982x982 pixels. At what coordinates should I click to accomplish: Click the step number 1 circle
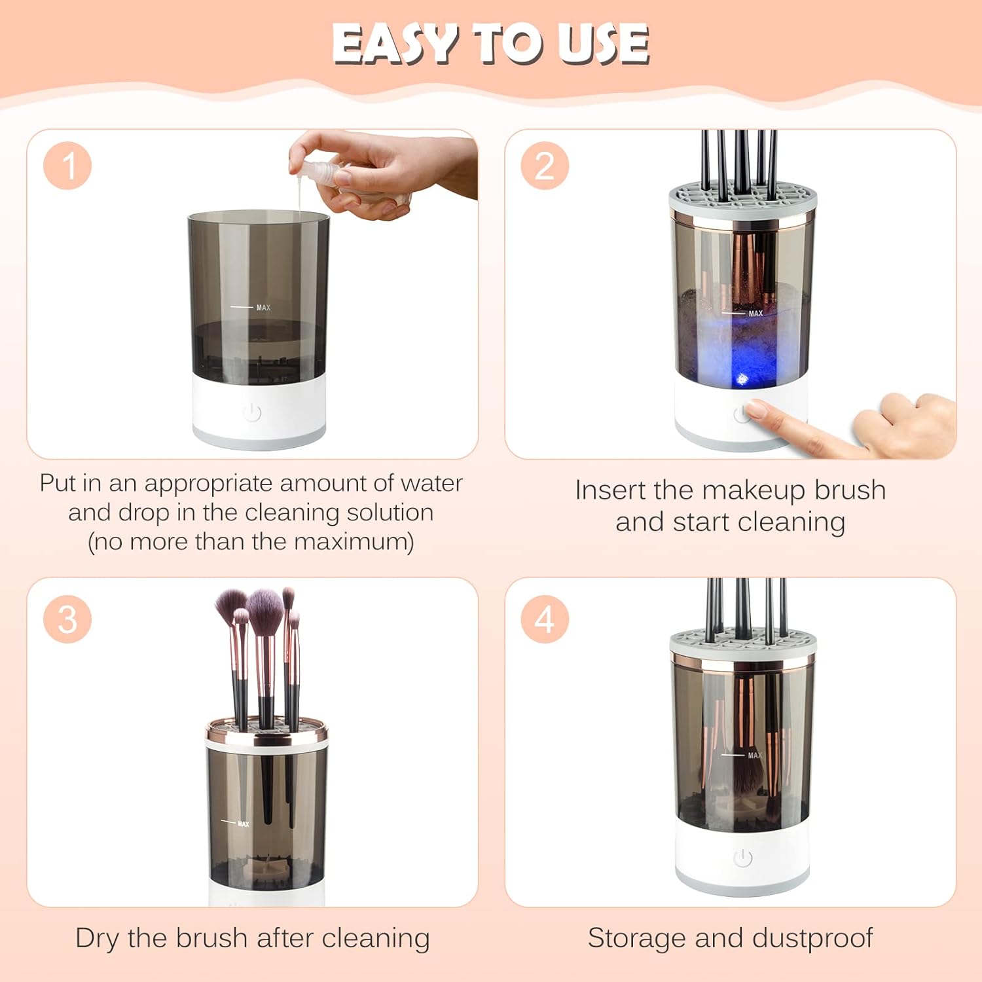tap(67, 166)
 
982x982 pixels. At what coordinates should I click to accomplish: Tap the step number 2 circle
tap(545, 166)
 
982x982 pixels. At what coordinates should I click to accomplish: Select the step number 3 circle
tap(67, 619)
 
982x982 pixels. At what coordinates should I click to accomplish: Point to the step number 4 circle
tap(545, 619)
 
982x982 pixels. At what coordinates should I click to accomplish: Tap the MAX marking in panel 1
tap(263, 308)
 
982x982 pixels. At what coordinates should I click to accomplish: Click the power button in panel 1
tap(252, 412)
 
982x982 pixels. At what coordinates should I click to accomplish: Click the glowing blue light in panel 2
tap(742, 378)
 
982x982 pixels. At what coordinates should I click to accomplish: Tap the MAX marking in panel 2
tap(755, 314)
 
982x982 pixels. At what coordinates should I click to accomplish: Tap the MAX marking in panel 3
tap(243, 824)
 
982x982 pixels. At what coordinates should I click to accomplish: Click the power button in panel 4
tap(742, 858)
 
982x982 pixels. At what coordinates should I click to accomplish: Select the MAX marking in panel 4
tap(754, 755)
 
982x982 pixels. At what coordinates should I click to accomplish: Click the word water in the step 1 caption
tap(431, 483)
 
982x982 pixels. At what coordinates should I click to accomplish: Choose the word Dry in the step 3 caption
tap(98, 938)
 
